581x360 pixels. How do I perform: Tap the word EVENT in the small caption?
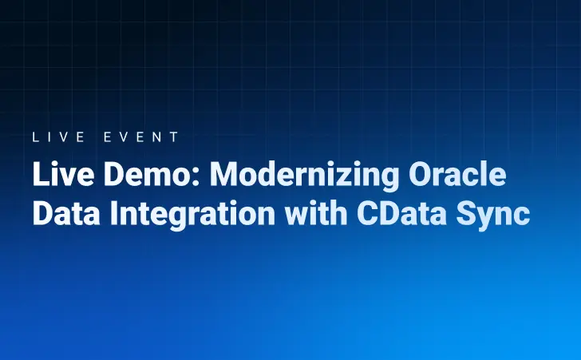coord(141,136)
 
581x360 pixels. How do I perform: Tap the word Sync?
coord(496,215)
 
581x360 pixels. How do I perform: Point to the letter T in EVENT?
coord(175,136)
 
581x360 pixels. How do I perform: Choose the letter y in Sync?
coord(490,218)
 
